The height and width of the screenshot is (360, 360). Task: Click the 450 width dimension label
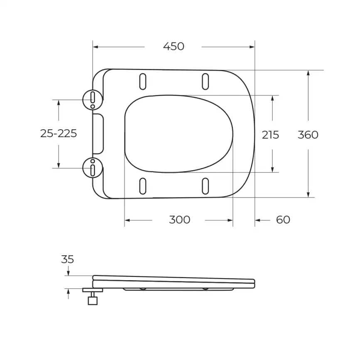(173, 47)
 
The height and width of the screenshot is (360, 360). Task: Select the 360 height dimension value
(308, 135)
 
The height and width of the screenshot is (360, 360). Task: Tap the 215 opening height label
(270, 135)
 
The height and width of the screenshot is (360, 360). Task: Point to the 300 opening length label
(180, 219)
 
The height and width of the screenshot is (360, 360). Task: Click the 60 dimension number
(283, 219)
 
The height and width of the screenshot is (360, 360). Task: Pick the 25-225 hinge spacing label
(59, 133)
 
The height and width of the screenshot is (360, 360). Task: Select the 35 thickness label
(67, 259)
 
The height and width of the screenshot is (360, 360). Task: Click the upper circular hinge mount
(92, 99)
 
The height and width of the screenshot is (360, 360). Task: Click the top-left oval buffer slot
(143, 81)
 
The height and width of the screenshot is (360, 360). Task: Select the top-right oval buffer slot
(205, 81)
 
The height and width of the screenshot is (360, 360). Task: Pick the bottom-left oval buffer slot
(143, 186)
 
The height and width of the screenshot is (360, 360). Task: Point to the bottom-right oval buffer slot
(205, 186)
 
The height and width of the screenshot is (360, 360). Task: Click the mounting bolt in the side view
(92, 297)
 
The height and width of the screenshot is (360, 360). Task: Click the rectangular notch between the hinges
(99, 133)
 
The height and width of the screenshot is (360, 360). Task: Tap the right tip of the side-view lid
(254, 283)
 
